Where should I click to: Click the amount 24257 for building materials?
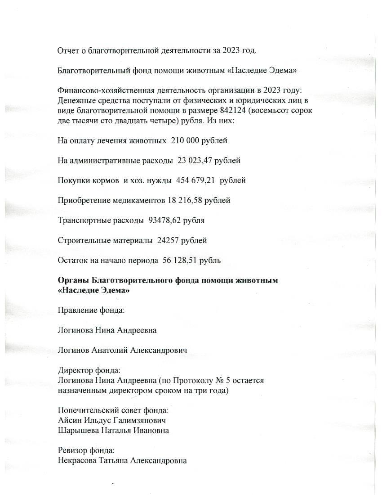pyautogui.click(x=169, y=240)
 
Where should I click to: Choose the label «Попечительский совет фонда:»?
pyautogui.click(x=113, y=411)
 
